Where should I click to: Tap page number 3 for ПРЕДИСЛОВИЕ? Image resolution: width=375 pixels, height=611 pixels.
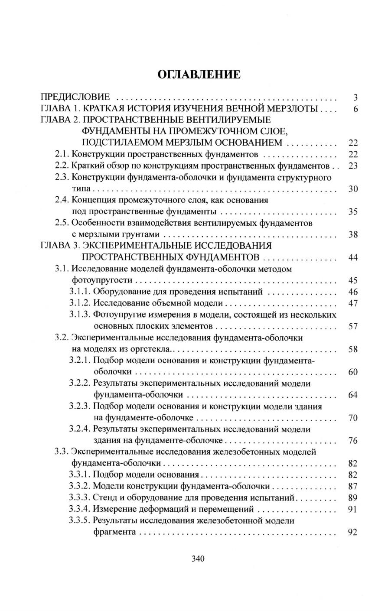pos(355,97)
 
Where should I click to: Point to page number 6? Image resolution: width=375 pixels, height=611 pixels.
pos(355,109)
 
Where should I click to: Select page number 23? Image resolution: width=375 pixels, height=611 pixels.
pos(352,166)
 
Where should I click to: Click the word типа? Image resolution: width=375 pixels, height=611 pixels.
pos(82,189)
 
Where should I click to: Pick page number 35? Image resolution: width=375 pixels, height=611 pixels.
pos(352,212)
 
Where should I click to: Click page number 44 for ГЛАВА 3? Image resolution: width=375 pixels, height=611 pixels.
pos(352,257)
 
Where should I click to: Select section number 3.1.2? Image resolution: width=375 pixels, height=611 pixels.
pos(80,303)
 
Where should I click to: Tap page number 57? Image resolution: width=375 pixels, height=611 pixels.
pos(352,326)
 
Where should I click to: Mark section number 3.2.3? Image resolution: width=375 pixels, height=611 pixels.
pos(80,406)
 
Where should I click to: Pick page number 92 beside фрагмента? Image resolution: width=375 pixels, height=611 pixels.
pos(352,532)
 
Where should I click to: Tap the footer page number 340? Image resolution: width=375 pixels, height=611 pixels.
pos(198,559)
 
